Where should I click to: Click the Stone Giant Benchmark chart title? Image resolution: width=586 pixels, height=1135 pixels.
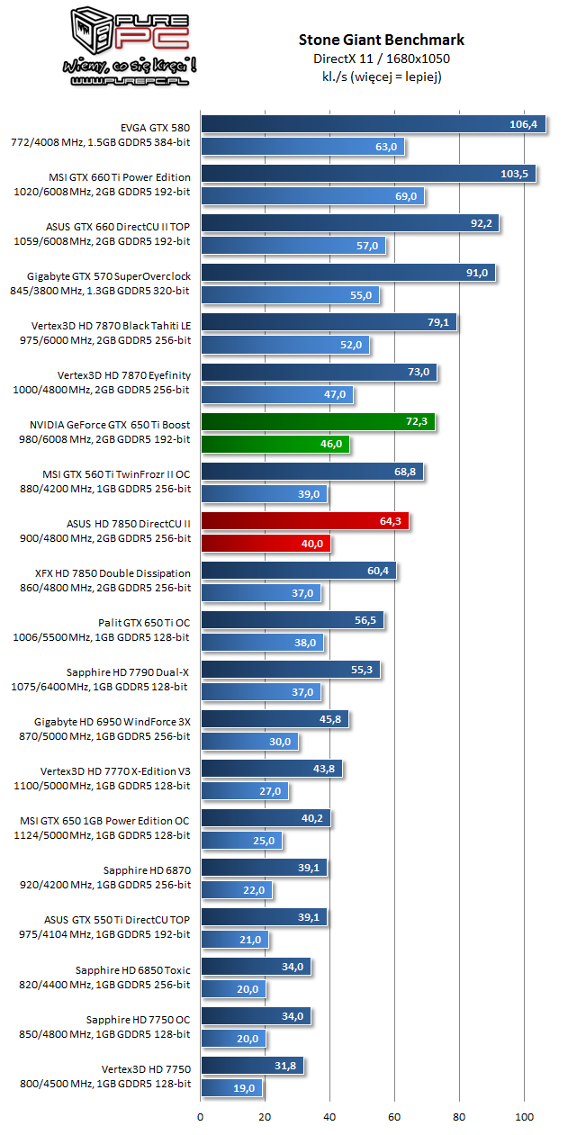[x=381, y=40]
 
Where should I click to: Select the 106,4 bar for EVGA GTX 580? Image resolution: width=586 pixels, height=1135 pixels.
[x=373, y=124]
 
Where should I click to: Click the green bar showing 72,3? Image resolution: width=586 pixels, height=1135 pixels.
[x=317, y=421]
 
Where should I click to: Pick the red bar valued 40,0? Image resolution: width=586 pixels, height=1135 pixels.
[x=266, y=544]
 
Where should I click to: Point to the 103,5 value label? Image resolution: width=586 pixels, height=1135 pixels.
[x=517, y=174]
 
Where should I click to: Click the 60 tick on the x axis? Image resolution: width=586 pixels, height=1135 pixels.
[x=394, y=1117]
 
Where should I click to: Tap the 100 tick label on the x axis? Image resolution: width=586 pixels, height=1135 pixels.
[x=524, y=1117]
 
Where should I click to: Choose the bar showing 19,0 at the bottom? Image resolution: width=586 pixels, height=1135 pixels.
[x=232, y=1088]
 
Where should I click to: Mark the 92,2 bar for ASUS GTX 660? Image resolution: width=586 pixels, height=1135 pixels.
[x=349, y=223]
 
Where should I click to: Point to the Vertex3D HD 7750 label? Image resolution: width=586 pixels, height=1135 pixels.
[x=146, y=1067]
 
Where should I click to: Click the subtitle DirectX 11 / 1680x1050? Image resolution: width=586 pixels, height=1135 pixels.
[x=381, y=59]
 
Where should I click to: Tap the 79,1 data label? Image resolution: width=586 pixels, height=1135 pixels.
[x=437, y=322]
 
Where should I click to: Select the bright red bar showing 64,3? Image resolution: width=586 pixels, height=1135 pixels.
[x=304, y=521]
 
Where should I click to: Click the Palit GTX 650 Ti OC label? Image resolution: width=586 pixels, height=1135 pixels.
[x=144, y=622]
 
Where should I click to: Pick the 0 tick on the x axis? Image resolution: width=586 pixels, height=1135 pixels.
[x=201, y=1117]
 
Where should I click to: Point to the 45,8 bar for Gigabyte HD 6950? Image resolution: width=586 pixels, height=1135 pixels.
[x=274, y=719]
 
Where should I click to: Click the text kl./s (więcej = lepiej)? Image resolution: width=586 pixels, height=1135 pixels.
[x=381, y=77]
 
